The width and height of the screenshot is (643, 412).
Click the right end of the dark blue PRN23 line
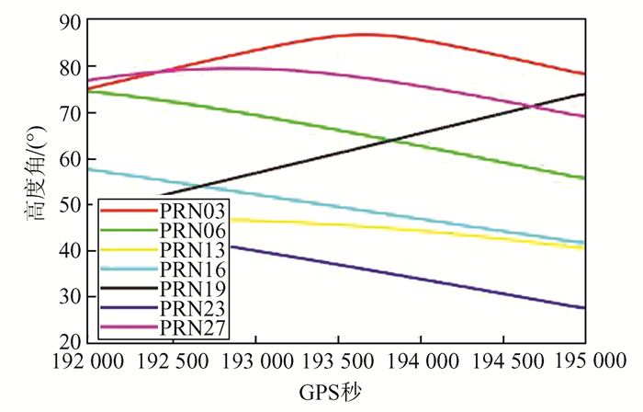tap(584, 308)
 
